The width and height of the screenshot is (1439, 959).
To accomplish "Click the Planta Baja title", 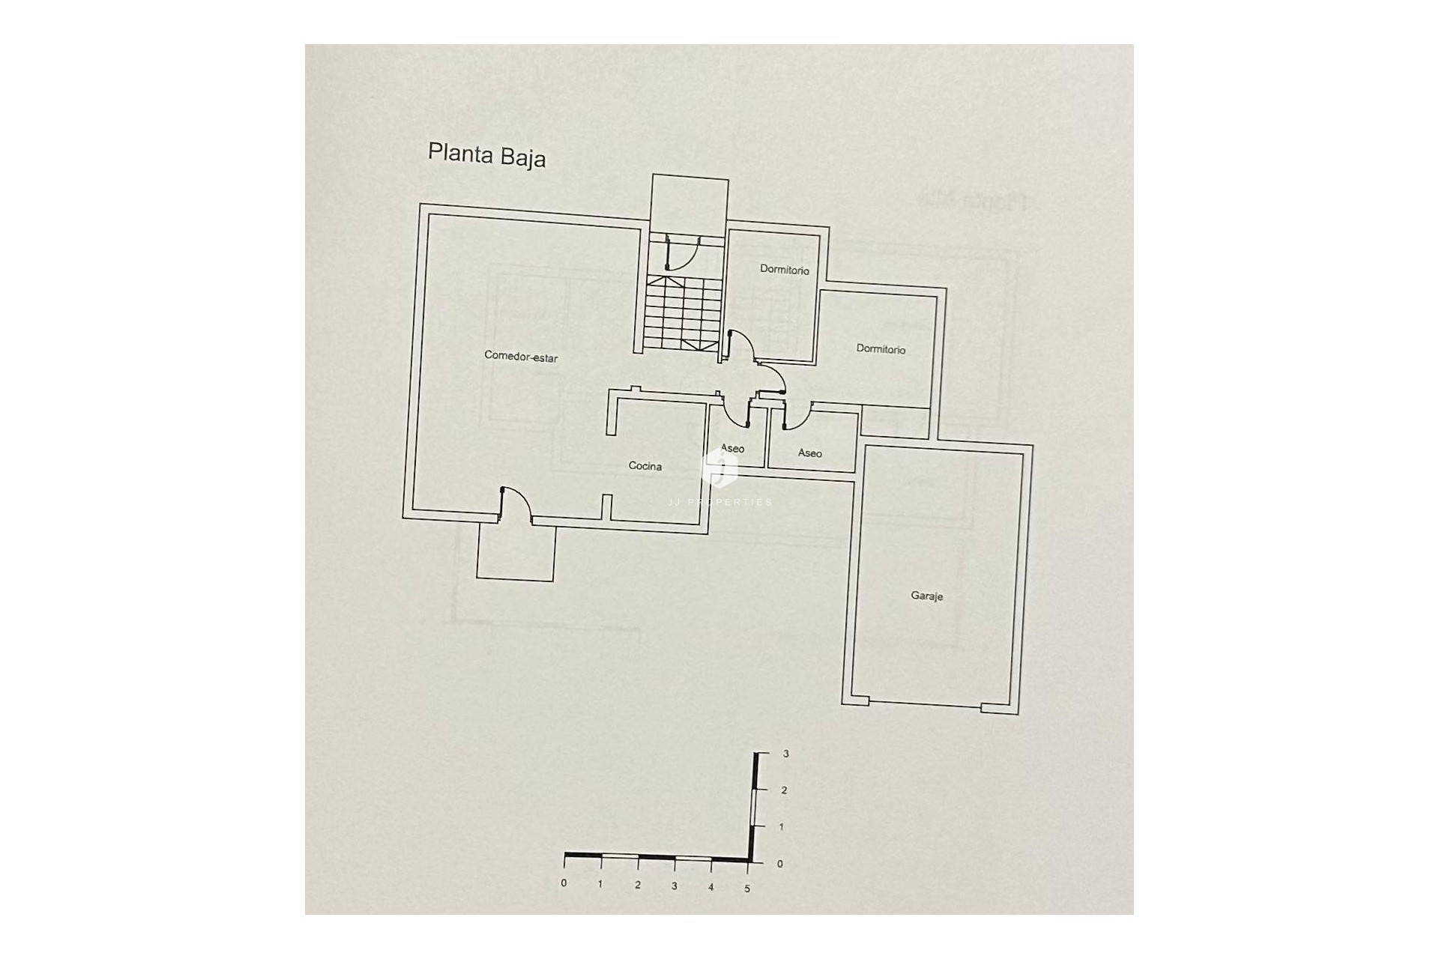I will tap(486, 155).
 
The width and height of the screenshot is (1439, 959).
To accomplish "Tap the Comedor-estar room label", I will tap(521, 357).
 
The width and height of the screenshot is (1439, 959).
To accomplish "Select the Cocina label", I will tap(645, 466).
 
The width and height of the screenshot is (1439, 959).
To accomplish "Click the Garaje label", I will tap(926, 596).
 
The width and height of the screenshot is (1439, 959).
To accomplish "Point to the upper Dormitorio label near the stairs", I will tap(784, 270).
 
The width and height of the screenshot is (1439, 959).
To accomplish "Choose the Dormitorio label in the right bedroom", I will tap(881, 349).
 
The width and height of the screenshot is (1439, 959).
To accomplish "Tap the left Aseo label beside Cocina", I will tap(732, 449).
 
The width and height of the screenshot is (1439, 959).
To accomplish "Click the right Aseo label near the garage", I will tap(809, 453).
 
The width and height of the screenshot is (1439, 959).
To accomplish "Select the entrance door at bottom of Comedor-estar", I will tap(516, 503).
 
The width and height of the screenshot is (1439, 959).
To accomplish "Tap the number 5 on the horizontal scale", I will tap(747, 889).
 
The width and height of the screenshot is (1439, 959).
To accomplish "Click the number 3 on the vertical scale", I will tap(785, 754).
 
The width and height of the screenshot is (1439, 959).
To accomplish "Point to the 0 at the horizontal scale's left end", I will tap(564, 883).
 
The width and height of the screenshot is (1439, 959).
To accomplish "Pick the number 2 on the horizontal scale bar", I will tap(638, 885).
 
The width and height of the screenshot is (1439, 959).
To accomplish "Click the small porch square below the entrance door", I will tap(516, 551).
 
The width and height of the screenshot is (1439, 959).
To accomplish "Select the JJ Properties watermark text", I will tap(719, 502).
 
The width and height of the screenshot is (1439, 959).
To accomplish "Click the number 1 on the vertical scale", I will tap(782, 827).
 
